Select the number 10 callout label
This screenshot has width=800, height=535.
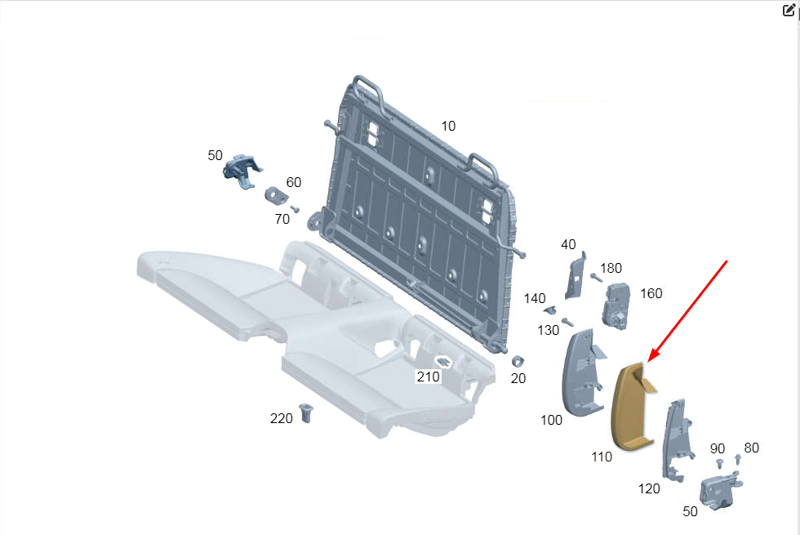(x=448, y=126)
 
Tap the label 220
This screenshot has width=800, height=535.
(x=281, y=418)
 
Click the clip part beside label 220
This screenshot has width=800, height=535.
(x=305, y=412)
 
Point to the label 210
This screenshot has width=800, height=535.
(x=428, y=377)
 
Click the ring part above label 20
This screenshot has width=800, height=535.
(x=518, y=361)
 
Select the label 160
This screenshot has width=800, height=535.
(x=651, y=293)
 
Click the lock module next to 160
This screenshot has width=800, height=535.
(x=616, y=305)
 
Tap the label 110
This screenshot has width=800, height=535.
(x=602, y=457)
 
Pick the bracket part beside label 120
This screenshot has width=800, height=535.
(x=677, y=440)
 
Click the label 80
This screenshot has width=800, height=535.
(x=751, y=448)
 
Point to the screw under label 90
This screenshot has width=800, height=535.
(x=719, y=464)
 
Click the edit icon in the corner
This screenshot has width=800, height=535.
(x=789, y=10)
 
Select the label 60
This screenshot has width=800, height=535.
(x=293, y=182)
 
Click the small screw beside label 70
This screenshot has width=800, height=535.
(x=295, y=209)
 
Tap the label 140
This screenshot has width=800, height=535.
(x=534, y=298)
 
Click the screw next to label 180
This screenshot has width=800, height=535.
(x=597, y=278)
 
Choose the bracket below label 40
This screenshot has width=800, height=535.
(x=575, y=276)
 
